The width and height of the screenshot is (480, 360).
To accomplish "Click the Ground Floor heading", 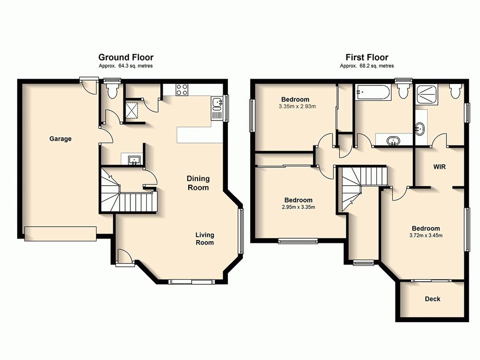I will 126,57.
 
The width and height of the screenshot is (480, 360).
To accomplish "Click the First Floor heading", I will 367,57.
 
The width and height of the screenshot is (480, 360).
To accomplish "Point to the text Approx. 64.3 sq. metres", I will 126,66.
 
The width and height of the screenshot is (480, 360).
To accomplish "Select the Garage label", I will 60,139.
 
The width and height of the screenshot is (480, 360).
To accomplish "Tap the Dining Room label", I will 198,183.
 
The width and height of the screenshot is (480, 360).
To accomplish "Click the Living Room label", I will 204,239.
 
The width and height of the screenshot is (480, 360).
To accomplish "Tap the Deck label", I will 432,299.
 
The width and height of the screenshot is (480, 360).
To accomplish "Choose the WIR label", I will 440,168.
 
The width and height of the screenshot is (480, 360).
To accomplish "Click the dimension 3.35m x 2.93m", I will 297,107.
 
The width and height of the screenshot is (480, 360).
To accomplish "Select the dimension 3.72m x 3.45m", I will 425,235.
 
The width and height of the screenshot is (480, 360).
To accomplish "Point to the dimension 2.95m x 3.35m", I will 298,207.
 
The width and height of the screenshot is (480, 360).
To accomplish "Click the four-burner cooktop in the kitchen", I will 182,90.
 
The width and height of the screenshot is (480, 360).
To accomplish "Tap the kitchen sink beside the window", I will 216,103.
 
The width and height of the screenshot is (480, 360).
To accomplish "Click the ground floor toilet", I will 113,90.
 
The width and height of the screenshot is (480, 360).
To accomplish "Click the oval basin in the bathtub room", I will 394,141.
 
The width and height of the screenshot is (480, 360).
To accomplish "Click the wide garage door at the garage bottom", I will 60,233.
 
